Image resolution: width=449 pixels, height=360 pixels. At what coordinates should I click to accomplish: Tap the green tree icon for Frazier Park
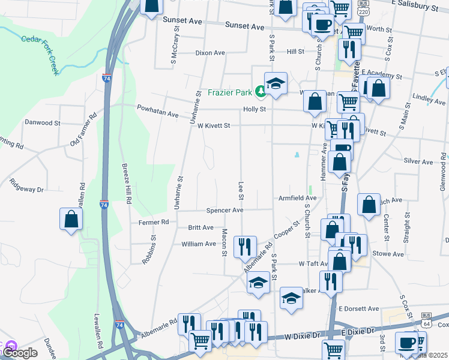(x=261, y=92)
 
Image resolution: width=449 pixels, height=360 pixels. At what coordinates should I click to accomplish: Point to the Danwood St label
(x=42, y=122)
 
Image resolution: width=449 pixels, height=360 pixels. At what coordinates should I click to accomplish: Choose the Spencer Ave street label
(x=224, y=211)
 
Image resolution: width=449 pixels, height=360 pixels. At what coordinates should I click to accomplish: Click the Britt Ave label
(x=200, y=228)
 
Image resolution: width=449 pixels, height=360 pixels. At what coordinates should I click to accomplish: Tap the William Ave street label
(x=198, y=244)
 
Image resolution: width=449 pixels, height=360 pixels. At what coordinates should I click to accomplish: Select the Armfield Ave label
(x=297, y=198)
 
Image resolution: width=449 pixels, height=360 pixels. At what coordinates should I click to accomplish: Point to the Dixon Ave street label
(x=210, y=53)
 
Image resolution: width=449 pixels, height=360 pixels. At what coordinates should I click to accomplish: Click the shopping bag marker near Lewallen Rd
(x=71, y=219)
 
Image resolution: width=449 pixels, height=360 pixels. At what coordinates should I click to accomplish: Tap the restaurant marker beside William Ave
(x=245, y=247)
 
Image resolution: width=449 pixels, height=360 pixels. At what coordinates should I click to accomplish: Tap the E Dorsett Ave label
(x=358, y=308)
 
